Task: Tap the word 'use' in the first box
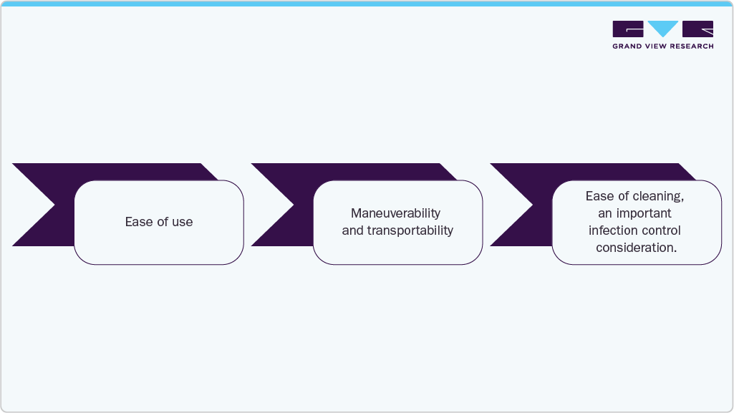pos(182,222)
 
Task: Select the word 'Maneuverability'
pos(395,213)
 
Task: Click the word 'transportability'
pos(412,230)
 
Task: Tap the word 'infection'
pos(613,230)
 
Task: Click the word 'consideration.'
pos(637,248)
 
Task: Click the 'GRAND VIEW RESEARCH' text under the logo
pos(662,47)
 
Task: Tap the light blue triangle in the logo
pos(662,29)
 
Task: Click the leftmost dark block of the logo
pos(628,29)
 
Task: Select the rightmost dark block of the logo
pos(697,29)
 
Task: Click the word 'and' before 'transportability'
pos(352,230)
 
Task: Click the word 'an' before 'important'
pos(604,213)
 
